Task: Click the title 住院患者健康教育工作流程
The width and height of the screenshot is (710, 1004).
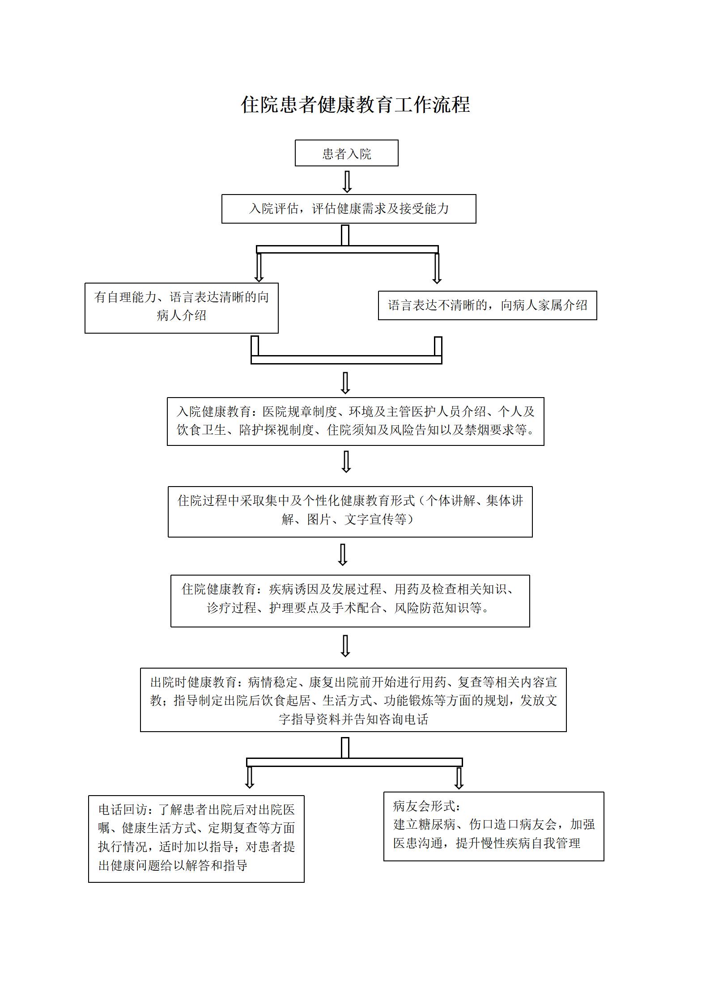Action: [355, 105]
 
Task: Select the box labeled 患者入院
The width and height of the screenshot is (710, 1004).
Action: [346, 153]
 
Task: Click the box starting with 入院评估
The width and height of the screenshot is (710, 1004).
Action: [349, 209]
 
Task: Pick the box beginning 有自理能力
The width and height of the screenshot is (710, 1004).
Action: [181, 308]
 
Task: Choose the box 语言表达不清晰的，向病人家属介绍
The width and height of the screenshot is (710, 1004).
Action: [487, 305]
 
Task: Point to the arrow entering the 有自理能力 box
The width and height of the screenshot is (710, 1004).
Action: [259, 268]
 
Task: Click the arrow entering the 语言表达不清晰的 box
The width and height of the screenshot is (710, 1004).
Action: [437, 269]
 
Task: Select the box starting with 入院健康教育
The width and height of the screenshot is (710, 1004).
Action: [355, 421]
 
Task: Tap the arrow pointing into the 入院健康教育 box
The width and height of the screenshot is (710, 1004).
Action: [345, 383]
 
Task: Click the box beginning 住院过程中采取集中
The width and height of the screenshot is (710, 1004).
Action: [350, 512]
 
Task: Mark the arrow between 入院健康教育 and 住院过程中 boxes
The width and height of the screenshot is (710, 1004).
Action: [346, 462]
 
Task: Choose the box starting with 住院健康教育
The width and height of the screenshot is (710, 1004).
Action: [350, 601]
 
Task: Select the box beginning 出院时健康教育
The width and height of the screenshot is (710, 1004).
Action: [353, 700]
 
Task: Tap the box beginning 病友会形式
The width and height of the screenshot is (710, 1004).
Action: [493, 826]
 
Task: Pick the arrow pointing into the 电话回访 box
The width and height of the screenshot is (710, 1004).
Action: [250, 778]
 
